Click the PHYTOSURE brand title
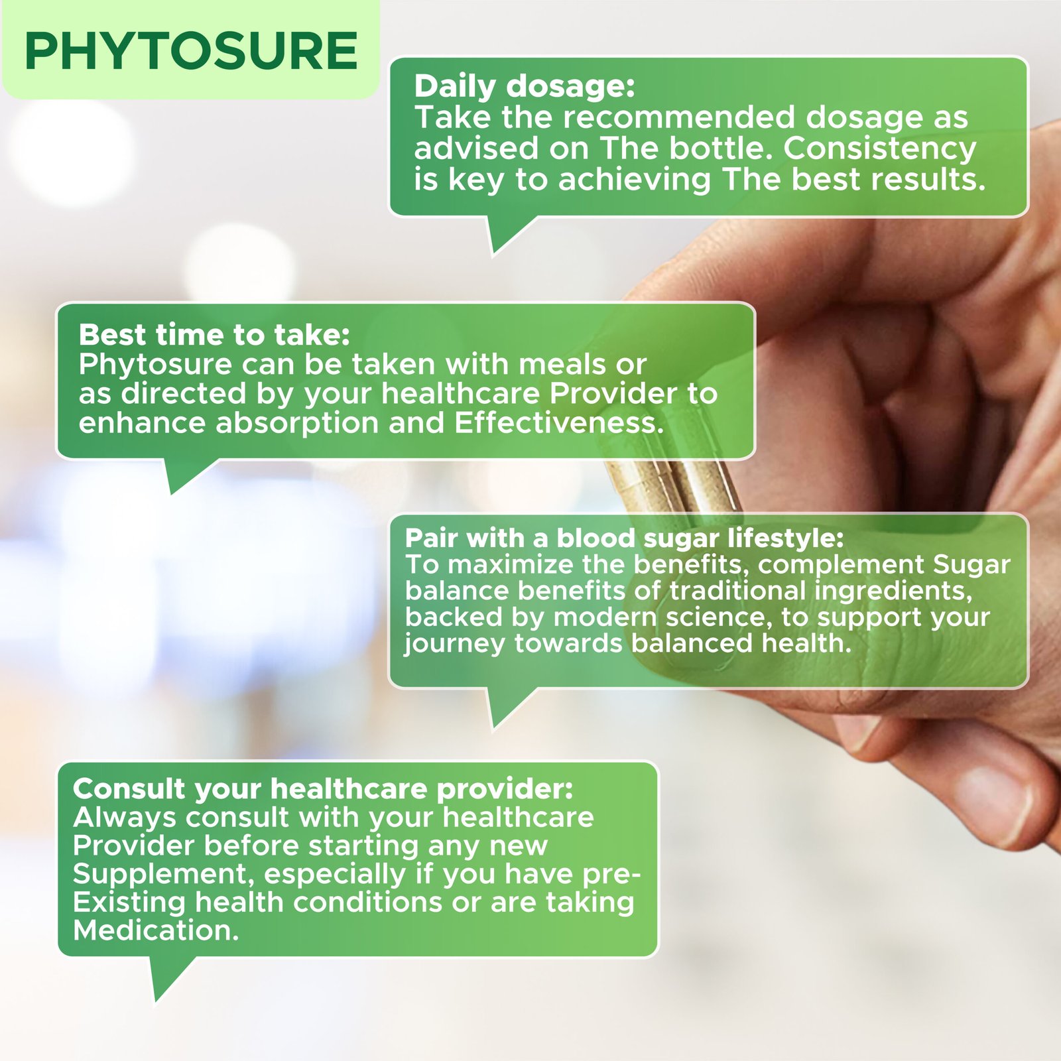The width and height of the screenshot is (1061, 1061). (x=191, y=51)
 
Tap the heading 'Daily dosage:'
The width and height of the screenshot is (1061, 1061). (x=525, y=86)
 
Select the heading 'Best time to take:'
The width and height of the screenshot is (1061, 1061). (x=214, y=335)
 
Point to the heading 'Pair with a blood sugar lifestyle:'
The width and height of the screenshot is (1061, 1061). (x=624, y=538)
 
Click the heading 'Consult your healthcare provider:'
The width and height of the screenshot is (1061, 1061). (x=323, y=789)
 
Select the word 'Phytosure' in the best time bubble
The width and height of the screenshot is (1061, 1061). (x=155, y=365)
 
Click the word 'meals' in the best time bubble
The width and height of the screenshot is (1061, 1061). (x=562, y=364)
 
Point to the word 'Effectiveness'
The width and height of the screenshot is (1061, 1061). (x=559, y=423)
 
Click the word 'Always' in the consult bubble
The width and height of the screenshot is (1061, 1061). (x=125, y=818)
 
